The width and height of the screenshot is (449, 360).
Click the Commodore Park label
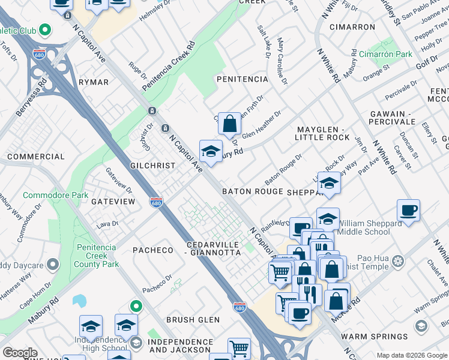point(55,195)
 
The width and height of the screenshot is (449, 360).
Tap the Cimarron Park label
point(390,54)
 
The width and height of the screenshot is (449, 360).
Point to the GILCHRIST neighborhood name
point(152,165)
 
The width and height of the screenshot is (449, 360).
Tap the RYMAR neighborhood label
point(93,82)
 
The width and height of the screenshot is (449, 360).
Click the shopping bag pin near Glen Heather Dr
point(229,124)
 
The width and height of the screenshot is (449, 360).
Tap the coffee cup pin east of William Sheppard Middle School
point(408,211)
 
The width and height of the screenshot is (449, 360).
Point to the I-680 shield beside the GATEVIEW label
point(156,202)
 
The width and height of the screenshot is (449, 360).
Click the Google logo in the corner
point(20,353)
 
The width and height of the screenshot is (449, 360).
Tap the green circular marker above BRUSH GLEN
point(137,306)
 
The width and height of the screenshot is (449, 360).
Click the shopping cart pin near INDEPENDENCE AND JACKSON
point(239,348)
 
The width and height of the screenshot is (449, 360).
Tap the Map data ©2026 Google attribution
point(411,355)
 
